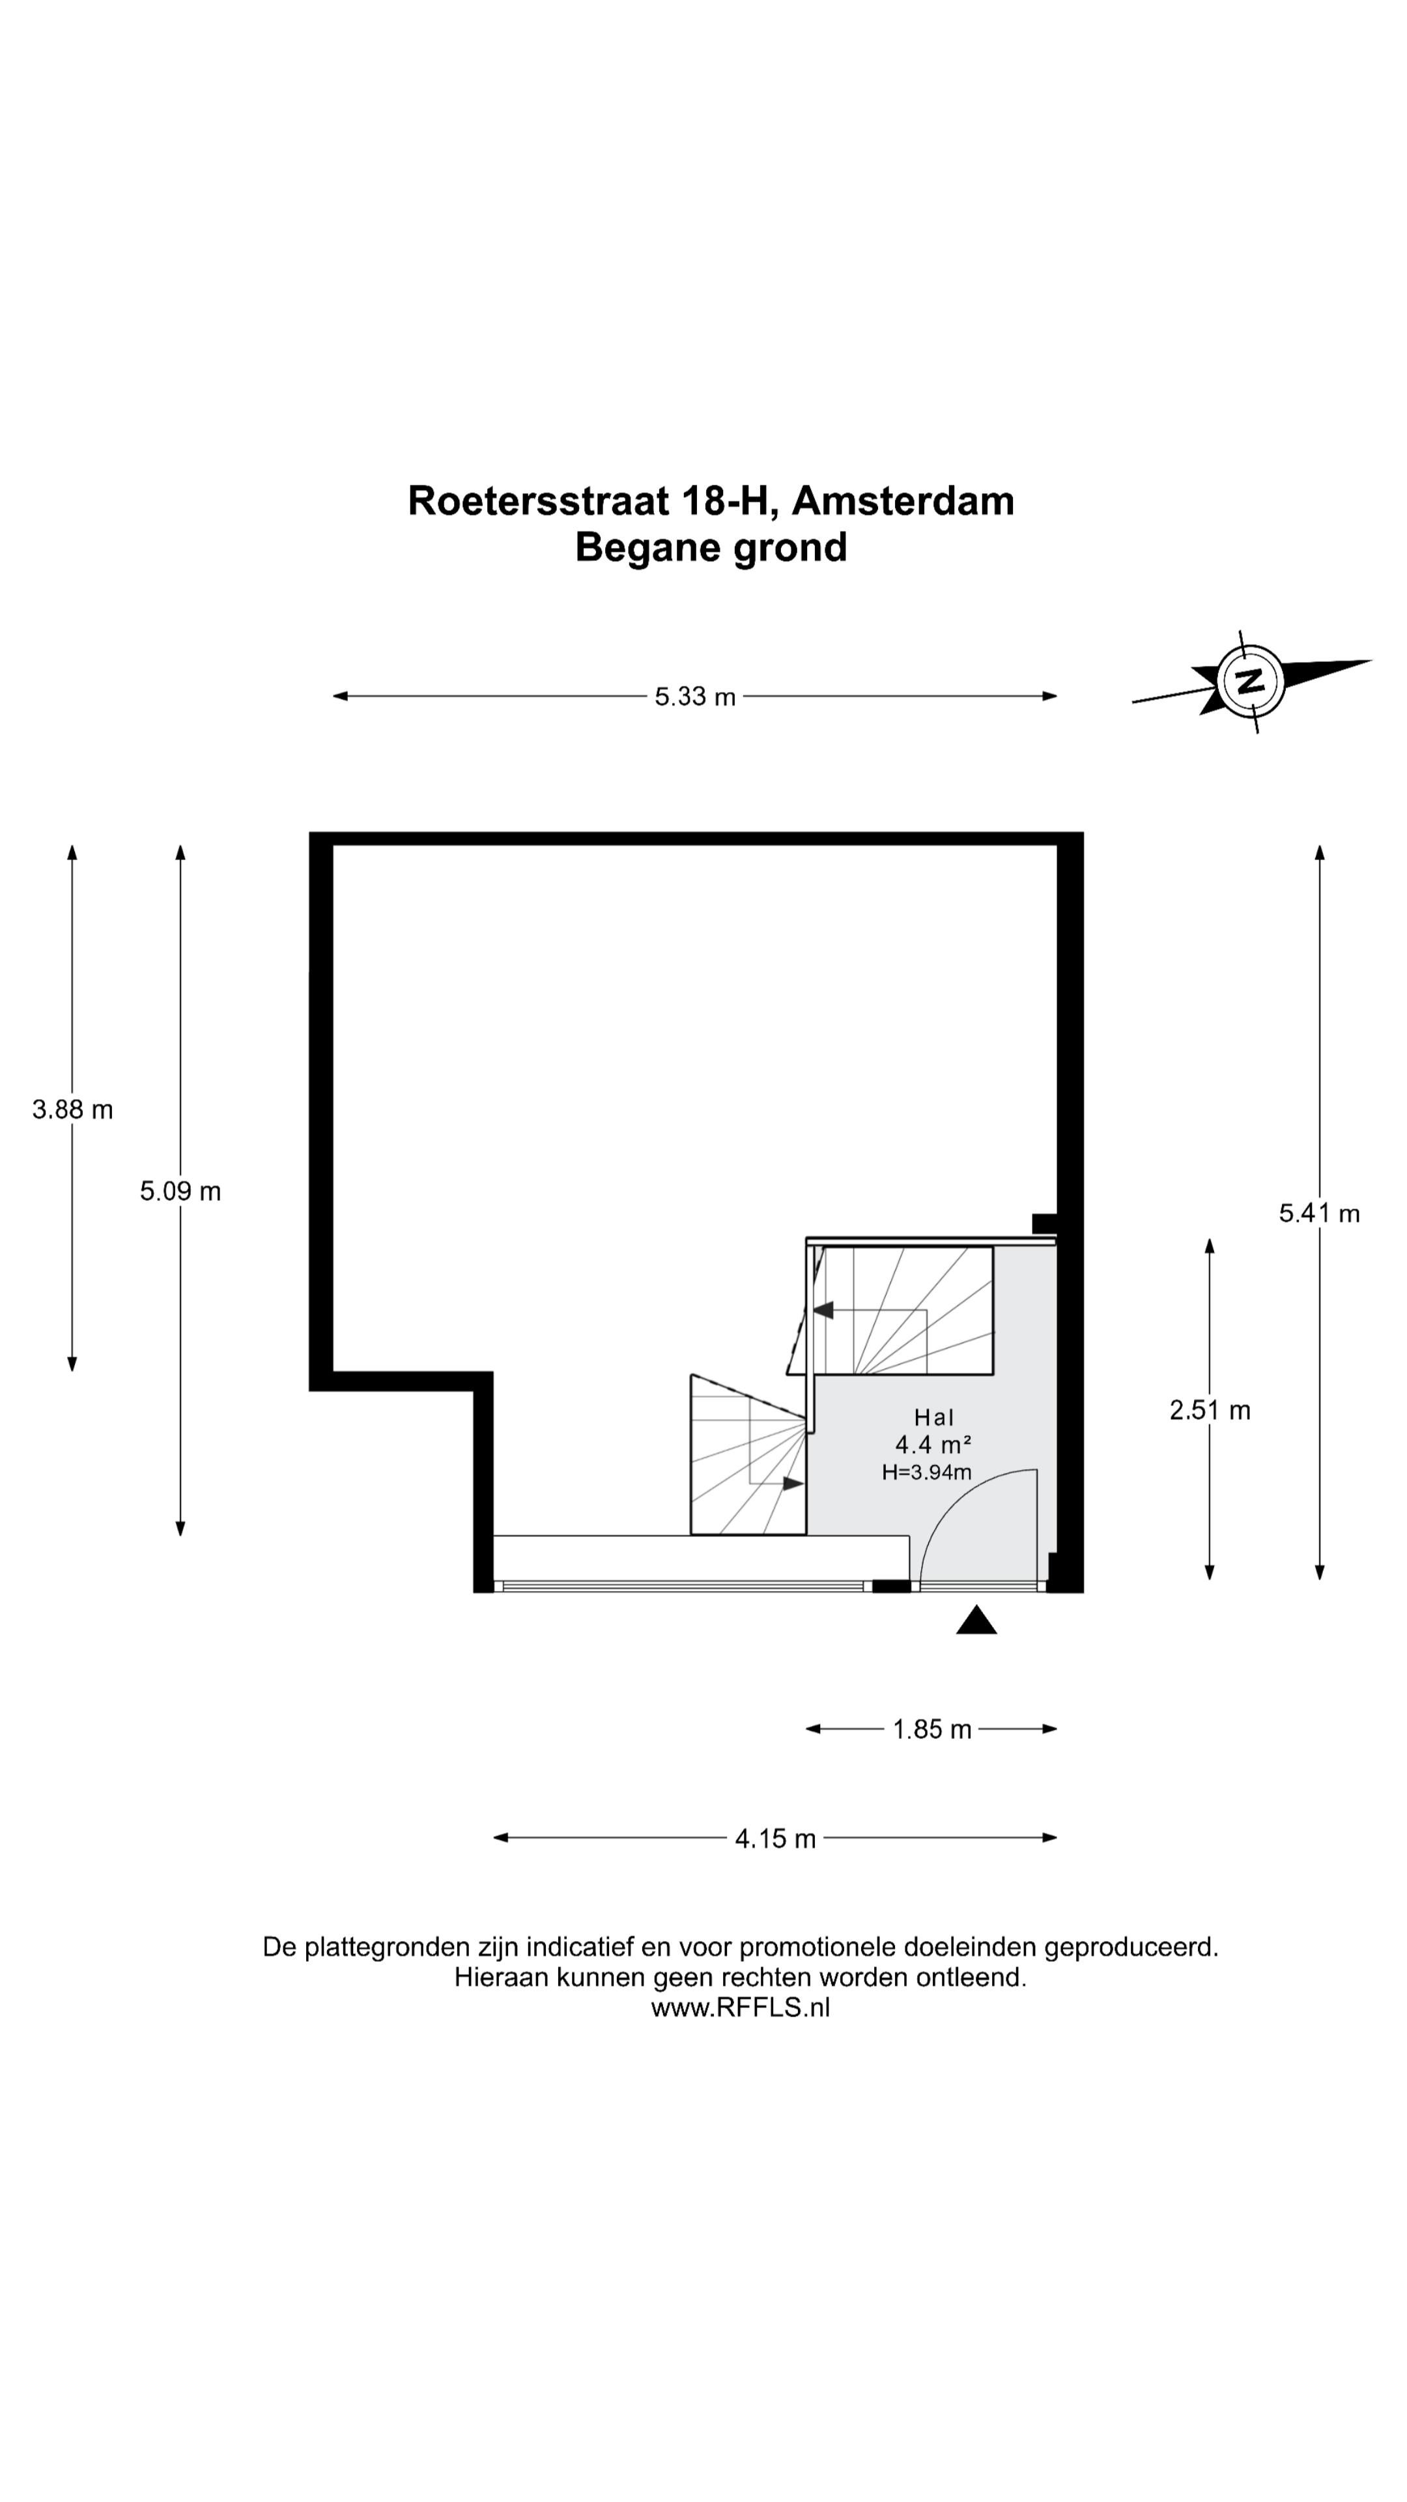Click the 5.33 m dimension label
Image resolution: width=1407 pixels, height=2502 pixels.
pyautogui.click(x=694, y=697)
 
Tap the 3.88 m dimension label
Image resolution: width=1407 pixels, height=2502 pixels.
pyautogui.click(x=73, y=1109)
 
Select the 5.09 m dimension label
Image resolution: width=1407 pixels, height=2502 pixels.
pyautogui.click(x=180, y=1191)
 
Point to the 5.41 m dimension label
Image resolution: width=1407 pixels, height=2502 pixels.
pyautogui.click(x=1318, y=1213)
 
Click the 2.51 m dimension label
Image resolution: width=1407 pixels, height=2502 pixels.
pyautogui.click(x=1210, y=1410)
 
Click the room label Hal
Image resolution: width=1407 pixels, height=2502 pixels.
pyautogui.click(x=933, y=1418)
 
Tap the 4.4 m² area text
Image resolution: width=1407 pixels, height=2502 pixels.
pyautogui.click(x=933, y=1445)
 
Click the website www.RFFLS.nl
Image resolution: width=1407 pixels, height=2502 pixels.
pyautogui.click(x=740, y=2007)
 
